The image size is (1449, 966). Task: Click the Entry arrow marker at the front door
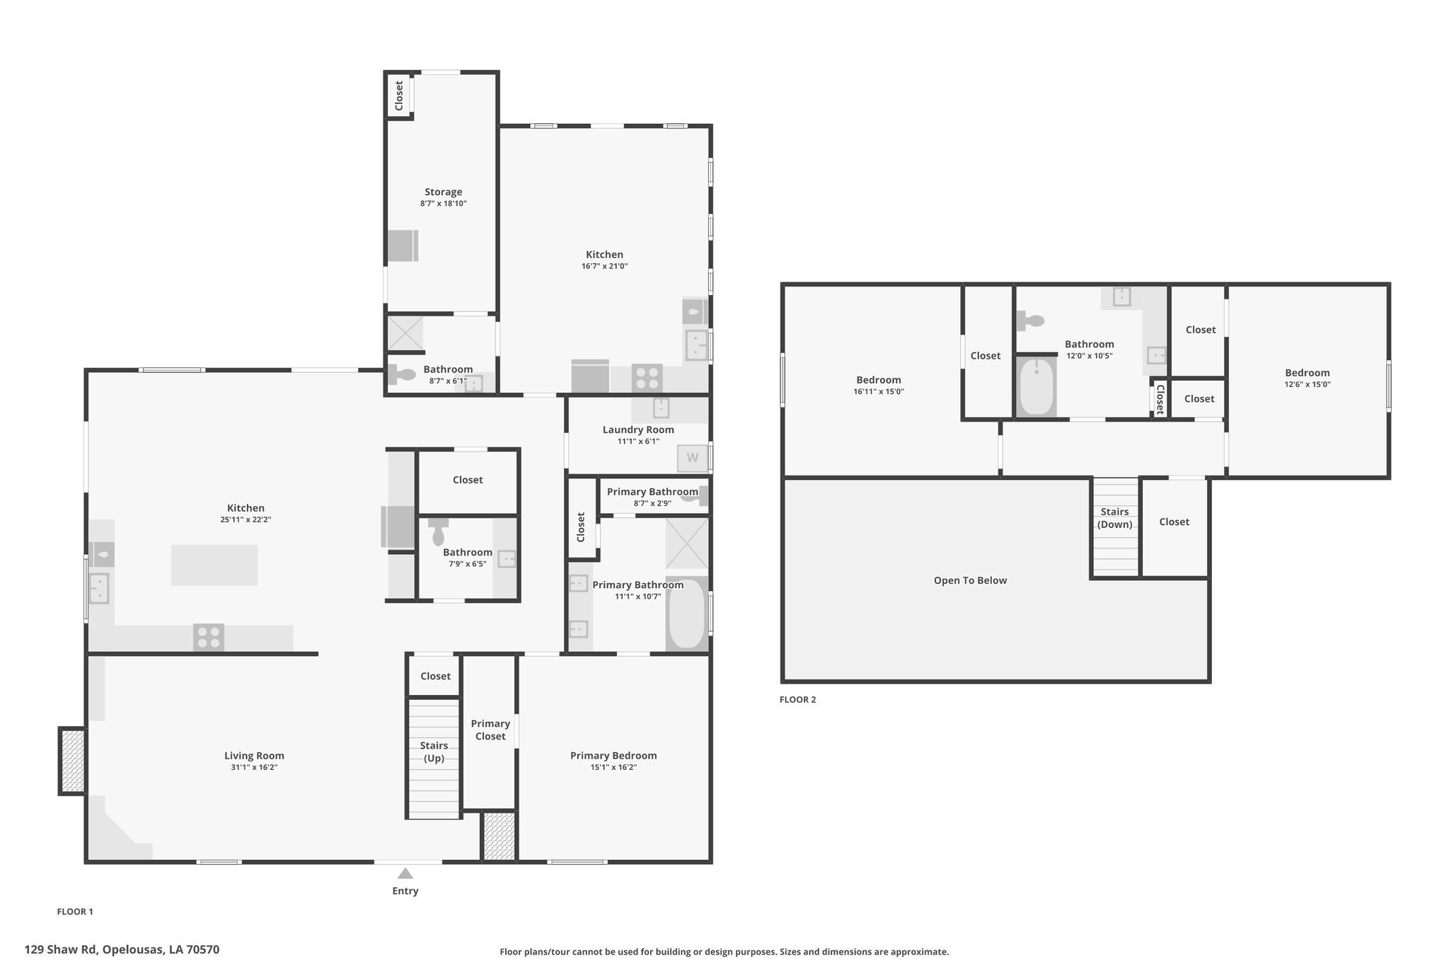(x=405, y=873)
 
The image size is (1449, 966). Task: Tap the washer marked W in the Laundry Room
(x=693, y=458)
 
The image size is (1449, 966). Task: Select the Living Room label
(x=254, y=755)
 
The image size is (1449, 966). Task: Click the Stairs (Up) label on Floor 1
(x=434, y=752)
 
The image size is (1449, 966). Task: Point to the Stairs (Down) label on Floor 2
(x=1115, y=518)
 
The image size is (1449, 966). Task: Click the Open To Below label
(x=970, y=580)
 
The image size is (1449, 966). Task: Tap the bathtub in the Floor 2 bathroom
(x=1037, y=387)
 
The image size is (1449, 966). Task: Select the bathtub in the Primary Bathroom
(x=686, y=614)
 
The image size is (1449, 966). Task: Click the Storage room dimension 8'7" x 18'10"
(x=444, y=204)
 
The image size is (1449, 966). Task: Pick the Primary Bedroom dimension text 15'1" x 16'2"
(x=613, y=767)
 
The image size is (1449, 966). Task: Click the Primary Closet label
(x=490, y=730)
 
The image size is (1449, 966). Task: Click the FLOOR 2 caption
(x=797, y=700)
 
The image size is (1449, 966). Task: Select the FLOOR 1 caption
(x=75, y=912)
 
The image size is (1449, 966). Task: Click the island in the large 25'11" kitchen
(x=214, y=565)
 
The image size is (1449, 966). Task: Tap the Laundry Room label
(x=638, y=430)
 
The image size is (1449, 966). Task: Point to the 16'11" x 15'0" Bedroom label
(x=879, y=380)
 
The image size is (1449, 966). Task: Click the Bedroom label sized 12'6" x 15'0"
(x=1307, y=373)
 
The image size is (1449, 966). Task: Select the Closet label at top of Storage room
(x=399, y=96)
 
